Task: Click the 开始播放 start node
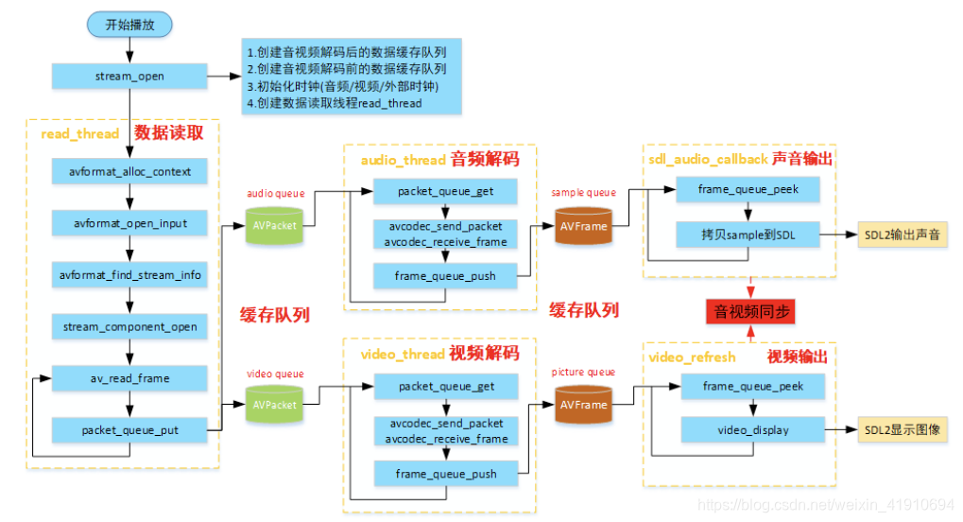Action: [129, 26]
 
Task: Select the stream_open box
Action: [129, 77]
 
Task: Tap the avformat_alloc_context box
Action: [129, 172]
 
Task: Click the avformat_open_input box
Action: [129, 224]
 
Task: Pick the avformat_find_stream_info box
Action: [129, 275]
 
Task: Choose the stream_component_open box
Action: [129, 327]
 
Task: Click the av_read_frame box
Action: [129, 378]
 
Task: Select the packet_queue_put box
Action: [129, 430]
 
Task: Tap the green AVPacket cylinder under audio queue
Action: [275, 227]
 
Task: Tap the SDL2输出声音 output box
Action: [902, 233]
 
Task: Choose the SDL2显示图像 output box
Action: [902, 430]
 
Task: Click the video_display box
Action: [752, 430]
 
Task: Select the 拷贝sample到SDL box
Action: [748, 233]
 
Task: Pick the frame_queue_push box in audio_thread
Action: [446, 276]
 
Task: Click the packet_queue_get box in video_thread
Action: [446, 387]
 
